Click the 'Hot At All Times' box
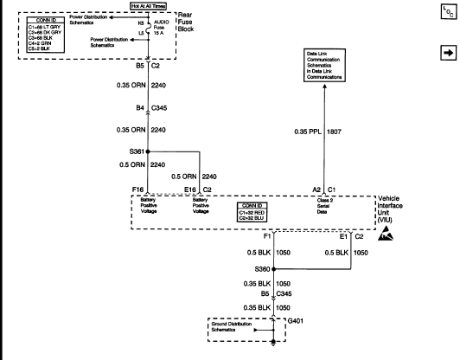coord(149,6)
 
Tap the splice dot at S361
coord(148,151)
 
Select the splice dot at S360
coord(274,269)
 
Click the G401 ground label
coord(296,321)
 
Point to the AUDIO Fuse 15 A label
coord(162,28)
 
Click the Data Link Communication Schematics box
coord(324,66)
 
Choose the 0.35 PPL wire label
coord(308,132)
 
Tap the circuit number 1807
coord(334,132)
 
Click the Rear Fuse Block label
coord(186,22)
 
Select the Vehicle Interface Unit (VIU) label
coord(390,209)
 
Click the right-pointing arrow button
coord(449,53)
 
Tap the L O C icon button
coord(449,12)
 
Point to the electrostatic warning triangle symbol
coord(386,234)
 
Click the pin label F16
coord(137,190)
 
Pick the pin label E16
coord(190,190)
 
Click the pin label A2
coord(316,190)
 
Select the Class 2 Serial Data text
coord(324,206)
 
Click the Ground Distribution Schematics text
coord(232,326)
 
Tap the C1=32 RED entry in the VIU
coord(252,213)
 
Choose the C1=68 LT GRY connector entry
coord(44,27)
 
